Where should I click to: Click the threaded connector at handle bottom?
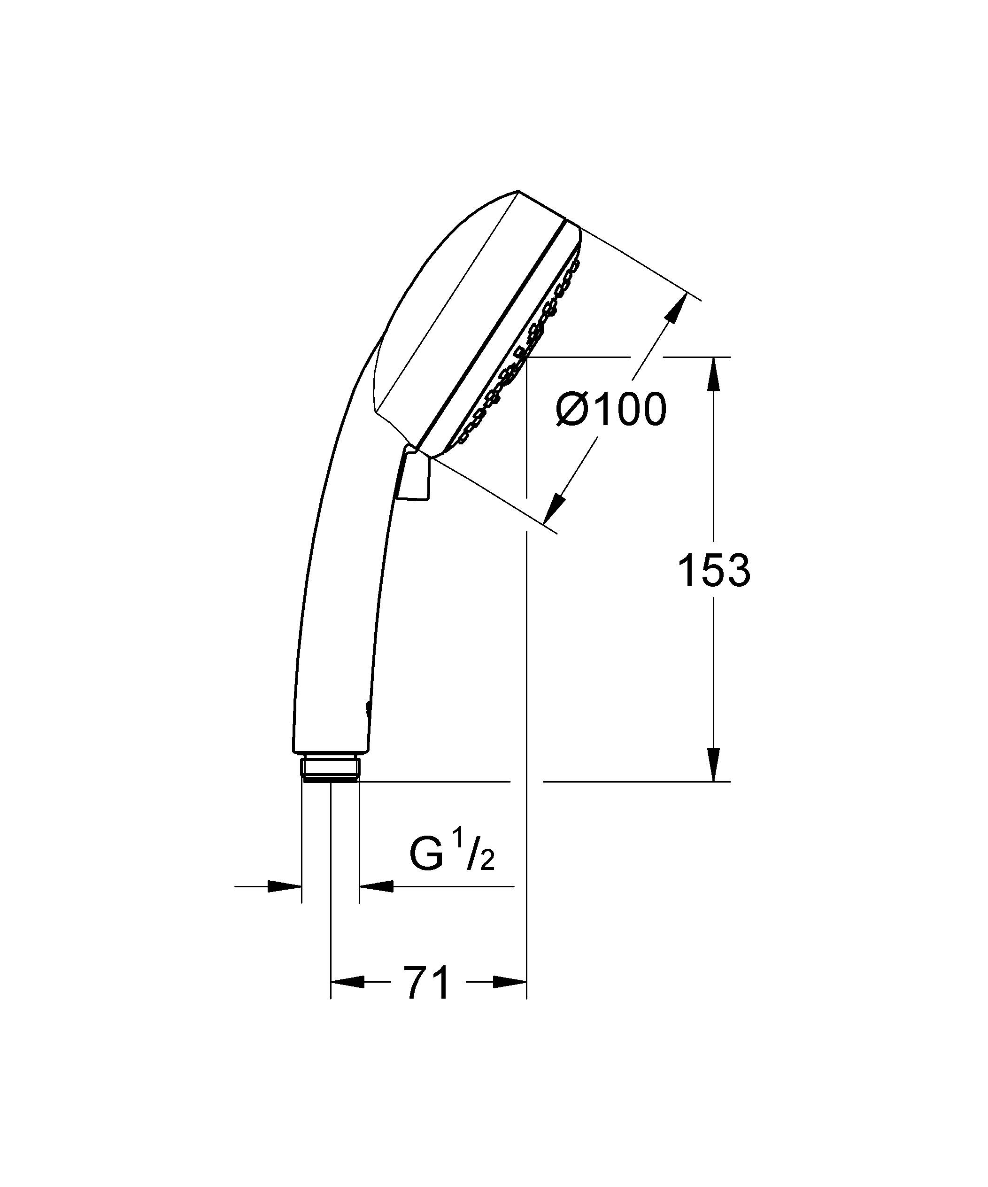[x=331, y=767]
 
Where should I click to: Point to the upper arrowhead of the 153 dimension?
[x=714, y=373]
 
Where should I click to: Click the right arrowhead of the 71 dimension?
[x=510, y=982]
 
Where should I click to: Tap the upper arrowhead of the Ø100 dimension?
[x=675, y=308]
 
